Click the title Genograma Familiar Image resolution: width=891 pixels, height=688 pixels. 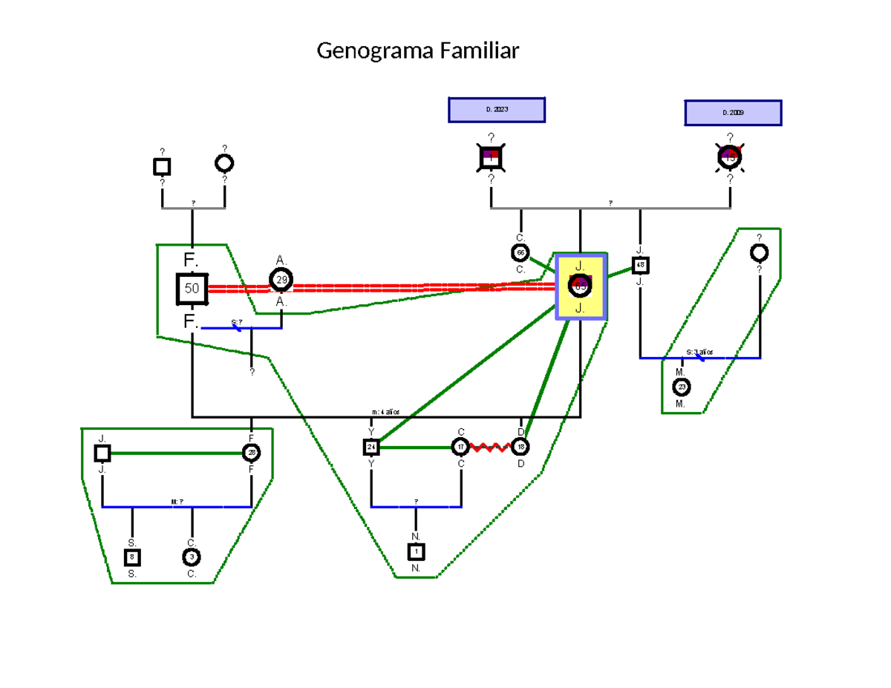point(418,51)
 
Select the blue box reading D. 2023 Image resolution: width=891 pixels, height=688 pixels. point(497,110)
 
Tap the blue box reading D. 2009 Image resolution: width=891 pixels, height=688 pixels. point(732,113)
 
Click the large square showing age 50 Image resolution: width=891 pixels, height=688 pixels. point(192,289)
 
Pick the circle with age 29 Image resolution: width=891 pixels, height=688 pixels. point(281,280)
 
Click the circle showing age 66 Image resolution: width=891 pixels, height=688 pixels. point(520,253)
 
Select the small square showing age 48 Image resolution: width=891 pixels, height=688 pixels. point(640,265)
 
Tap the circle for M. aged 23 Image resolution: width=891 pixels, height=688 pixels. point(682,387)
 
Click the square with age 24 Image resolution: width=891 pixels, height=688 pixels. point(371,447)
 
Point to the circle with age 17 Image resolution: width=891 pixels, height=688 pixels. point(461,447)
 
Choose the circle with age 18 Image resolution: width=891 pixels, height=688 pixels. point(520,447)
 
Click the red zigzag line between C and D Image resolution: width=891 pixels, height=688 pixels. point(491,447)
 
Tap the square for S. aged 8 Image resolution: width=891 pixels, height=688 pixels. point(132,557)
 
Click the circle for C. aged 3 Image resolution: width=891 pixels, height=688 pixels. point(192,557)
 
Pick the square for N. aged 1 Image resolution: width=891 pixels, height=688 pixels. point(416,551)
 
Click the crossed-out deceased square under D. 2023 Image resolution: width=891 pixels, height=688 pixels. point(491,157)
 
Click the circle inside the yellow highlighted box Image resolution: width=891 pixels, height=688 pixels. point(580,285)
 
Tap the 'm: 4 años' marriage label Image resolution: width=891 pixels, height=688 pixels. point(386,412)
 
